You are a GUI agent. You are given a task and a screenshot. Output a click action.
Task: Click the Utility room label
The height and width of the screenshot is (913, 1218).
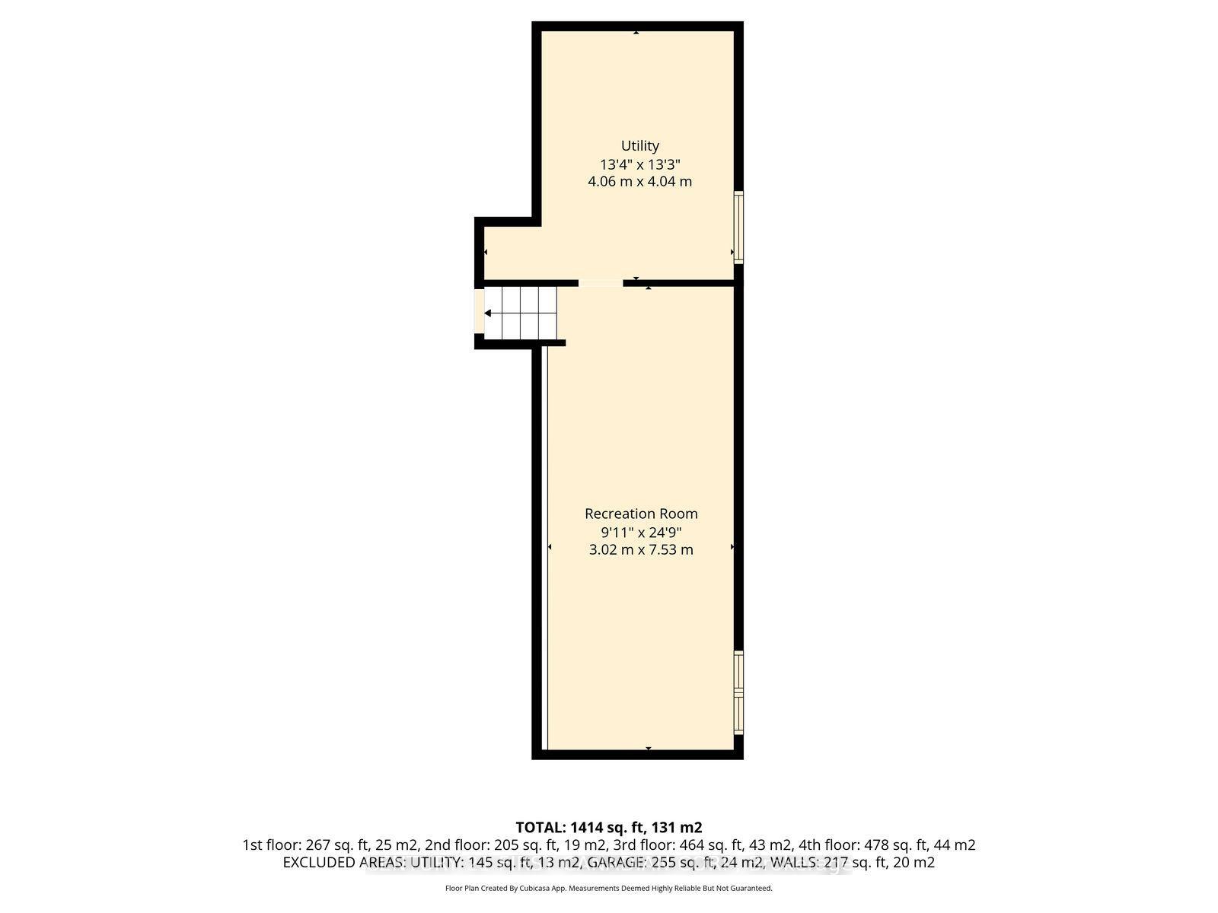click(639, 145)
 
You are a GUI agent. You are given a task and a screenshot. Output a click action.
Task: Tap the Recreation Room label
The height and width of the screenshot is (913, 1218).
click(641, 514)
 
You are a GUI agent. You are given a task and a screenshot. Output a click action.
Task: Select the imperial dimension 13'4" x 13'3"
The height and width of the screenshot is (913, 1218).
click(639, 164)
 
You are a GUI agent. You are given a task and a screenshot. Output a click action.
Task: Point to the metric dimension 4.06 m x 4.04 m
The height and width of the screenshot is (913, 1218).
click(639, 182)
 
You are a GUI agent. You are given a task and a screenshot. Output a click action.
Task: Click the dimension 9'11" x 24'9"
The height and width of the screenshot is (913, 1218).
click(641, 532)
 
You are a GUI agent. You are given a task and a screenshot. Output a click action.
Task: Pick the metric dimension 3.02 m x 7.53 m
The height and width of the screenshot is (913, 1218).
click(641, 549)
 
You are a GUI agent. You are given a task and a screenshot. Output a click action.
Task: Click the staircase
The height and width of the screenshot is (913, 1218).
click(521, 313)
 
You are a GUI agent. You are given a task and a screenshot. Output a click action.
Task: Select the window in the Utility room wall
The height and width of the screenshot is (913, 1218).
click(738, 227)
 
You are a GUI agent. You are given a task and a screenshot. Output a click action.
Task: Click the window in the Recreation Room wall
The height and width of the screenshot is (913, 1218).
click(738, 692)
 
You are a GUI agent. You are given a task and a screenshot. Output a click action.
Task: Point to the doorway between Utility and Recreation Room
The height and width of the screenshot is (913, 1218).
click(601, 283)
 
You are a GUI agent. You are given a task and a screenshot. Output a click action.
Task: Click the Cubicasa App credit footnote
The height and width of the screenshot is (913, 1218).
click(608, 888)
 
